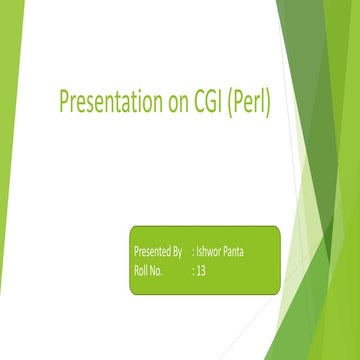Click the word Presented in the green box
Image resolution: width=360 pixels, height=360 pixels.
151,251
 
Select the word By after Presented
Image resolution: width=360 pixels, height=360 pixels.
177,251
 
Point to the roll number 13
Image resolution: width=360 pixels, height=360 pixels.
201,270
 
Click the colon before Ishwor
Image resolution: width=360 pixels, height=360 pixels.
193,252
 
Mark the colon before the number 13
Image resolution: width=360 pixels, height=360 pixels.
193,271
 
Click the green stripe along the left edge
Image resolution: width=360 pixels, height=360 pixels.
8,180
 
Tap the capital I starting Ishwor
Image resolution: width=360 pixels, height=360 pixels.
198,251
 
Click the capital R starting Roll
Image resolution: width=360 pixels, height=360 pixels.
135,270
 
